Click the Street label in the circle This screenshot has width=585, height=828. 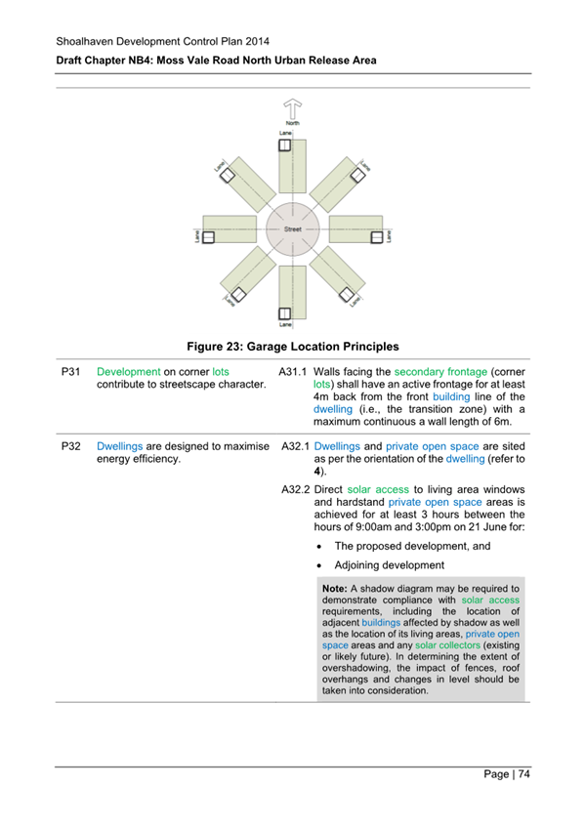[x=292, y=229]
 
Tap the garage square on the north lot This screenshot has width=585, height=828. [x=284, y=145]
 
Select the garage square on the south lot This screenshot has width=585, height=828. [x=285, y=313]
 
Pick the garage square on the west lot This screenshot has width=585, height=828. [x=208, y=235]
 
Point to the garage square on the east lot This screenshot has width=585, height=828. [x=374, y=234]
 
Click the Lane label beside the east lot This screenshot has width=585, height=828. [x=389, y=235]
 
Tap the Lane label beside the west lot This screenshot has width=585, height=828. [x=195, y=235]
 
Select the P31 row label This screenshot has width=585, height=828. [x=70, y=372]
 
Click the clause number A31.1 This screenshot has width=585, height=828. [x=293, y=372]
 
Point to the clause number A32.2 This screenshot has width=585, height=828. [x=295, y=488]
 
